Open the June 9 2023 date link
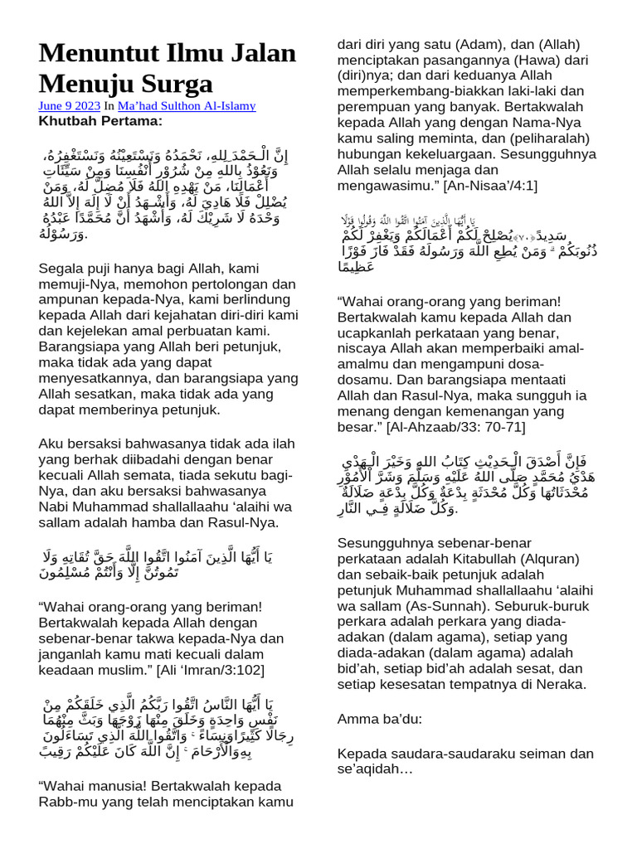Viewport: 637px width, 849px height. (x=69, y=106)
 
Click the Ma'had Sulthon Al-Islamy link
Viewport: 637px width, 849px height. (x=187, y=106)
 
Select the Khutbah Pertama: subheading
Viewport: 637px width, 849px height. (x=100, y=121)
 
